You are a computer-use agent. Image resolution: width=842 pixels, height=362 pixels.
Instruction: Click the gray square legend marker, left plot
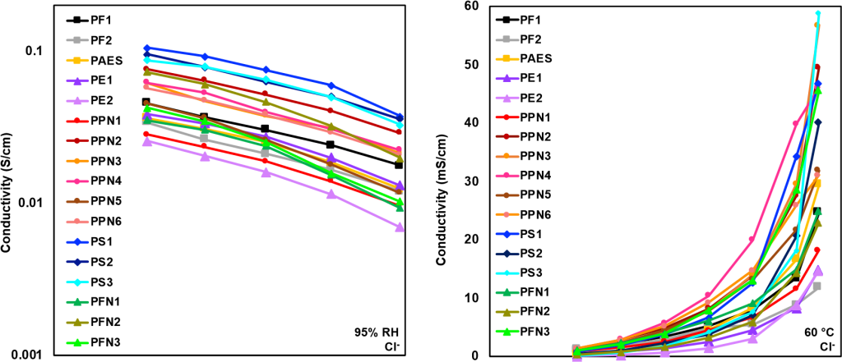pyautogui.click(x=76, y=39)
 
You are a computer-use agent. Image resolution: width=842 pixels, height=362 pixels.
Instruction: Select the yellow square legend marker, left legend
pyautogui.click(x=76, y=60)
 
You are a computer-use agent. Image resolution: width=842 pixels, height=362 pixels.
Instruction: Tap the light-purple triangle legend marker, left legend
pyautogui.click(x=76, y=100)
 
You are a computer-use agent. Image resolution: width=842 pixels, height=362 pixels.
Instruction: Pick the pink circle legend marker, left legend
pyautogui.click(x=76, y=181)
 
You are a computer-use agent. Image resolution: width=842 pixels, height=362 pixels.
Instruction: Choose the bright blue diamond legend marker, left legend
pyautogui.click(x=76, y=242)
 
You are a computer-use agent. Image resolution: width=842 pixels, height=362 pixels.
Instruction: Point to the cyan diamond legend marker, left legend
pyautogui.click(x=76, y=282)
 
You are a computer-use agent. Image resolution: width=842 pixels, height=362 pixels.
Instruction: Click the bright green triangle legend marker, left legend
pyautogui.click(x=76, y=342)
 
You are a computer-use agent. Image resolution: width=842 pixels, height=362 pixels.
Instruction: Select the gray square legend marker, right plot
pyautogui.click(x=507, y=39)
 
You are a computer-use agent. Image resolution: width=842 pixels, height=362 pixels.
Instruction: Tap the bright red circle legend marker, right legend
pyautogui.click(x=507, y=117)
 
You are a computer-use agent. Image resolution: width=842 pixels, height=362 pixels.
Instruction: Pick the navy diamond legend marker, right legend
pyautogui.click(x=507, y=254)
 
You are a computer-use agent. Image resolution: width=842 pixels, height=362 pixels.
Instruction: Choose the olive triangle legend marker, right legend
pyautogui.click(x=507, y=312)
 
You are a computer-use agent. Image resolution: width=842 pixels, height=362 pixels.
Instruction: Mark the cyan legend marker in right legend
pyautogui.click(x=507, y=273)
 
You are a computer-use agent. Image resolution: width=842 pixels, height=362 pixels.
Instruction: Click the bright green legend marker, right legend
pyautogui.click(x=507, y=332)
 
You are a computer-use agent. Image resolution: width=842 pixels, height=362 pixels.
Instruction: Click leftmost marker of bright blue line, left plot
pyautogui.click(x=146, y=48)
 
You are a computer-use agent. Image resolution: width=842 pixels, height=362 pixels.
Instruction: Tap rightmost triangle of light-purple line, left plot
pyautogui.click(x=400, y=227)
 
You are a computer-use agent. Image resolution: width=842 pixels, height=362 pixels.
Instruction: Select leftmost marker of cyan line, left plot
pyautogui.click(x=146, y=60)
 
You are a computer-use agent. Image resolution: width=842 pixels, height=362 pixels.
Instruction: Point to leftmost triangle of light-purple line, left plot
pyautogui.click(x=147, y=141)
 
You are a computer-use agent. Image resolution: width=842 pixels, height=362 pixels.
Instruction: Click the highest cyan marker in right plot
pyautogui.click(x=817, y=13)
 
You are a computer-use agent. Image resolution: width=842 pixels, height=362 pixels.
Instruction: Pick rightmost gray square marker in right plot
pyautogui.click(x=817, y=286)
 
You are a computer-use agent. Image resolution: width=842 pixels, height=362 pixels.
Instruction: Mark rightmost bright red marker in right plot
pyautogui.click(x=817, y=250)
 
